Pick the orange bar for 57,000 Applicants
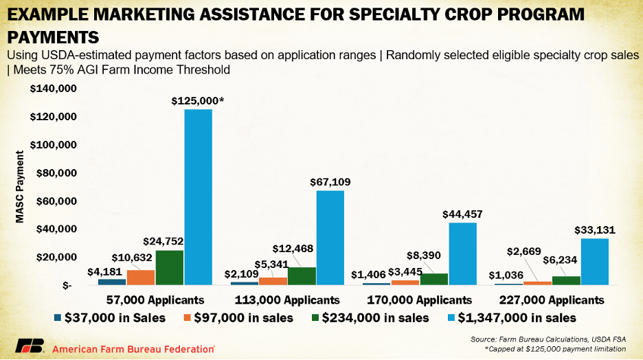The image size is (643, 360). [x=141, y=277]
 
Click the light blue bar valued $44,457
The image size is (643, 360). [x=462, y=254]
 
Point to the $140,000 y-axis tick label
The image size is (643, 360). [x=53, y=89]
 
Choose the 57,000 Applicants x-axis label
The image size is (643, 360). [x=155, y=300]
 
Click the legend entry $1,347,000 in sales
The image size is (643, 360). [x=512, y=317]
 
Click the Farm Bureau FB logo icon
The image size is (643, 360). [x=30, y=346]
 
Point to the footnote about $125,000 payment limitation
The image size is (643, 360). [x=555, y=349]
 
